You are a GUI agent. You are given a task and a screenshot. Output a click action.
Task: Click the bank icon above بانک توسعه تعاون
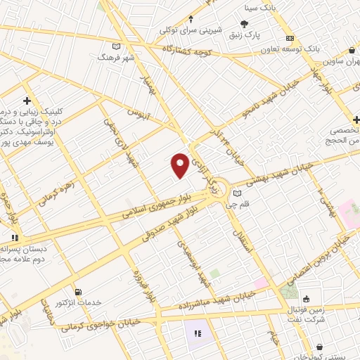pyautogui.click(x=288, y=39)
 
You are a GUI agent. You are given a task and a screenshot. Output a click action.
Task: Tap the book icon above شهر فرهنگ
pyautogui.click(x=117, y=46)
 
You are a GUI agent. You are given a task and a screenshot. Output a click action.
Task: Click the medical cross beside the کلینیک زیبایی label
pyautogui.click(x=27, y=101)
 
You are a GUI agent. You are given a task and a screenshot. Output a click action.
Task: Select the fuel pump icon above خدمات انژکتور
pyautogui.click(x=77, y=292)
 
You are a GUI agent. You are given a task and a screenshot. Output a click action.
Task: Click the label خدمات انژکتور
pyautogui.click(x=79, y=302)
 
